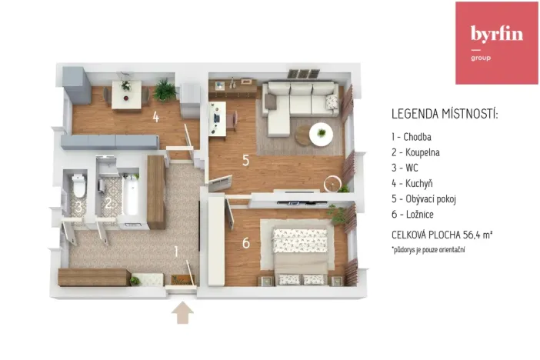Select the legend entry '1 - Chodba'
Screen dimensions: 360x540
[415, 137]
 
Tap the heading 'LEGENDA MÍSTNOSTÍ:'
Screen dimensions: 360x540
[445, 115]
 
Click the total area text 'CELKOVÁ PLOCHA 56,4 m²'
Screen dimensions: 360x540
[441, 235]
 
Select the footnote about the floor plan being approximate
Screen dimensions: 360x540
[429, 250]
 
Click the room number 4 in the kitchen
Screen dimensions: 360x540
[155, 118]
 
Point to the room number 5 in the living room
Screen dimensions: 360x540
[245, 161]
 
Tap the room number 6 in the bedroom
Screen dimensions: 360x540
[245, 243]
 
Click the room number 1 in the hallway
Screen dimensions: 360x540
[176, 251]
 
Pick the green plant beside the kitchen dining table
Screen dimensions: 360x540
[164, 91]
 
